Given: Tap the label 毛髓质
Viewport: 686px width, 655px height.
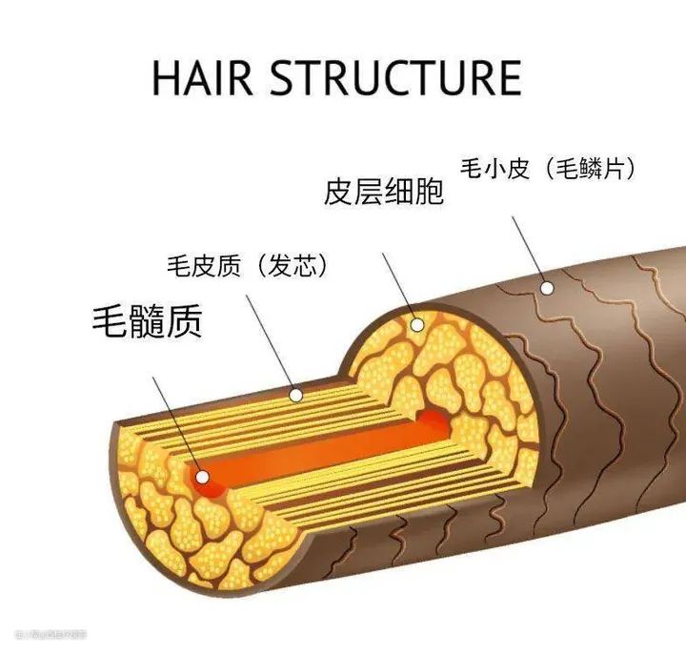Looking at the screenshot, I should pos(148,321).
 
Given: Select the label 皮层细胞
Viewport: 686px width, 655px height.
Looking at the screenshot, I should pos(384,191).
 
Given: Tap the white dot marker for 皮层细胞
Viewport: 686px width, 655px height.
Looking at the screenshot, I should pos(416,325).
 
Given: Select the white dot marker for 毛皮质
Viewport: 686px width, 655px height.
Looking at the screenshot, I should pos(296,394).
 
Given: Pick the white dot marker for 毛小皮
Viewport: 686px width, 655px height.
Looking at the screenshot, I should pos(547,286).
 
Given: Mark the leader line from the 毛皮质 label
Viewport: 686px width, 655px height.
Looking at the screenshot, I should pos(271,342).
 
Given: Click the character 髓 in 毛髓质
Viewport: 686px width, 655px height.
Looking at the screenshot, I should pos(148,321).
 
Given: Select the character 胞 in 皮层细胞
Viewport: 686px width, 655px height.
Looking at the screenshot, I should pos(430,191).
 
